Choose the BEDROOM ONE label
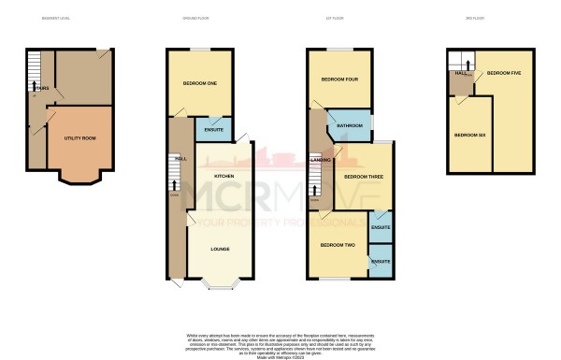[199, 85]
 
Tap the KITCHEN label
[223, 176]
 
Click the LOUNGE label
[221, 249]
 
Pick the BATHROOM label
[350, 125]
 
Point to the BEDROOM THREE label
[360, 176]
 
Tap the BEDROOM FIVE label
[505, 73]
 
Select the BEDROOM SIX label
[468, 136]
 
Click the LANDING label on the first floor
[317, 160]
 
